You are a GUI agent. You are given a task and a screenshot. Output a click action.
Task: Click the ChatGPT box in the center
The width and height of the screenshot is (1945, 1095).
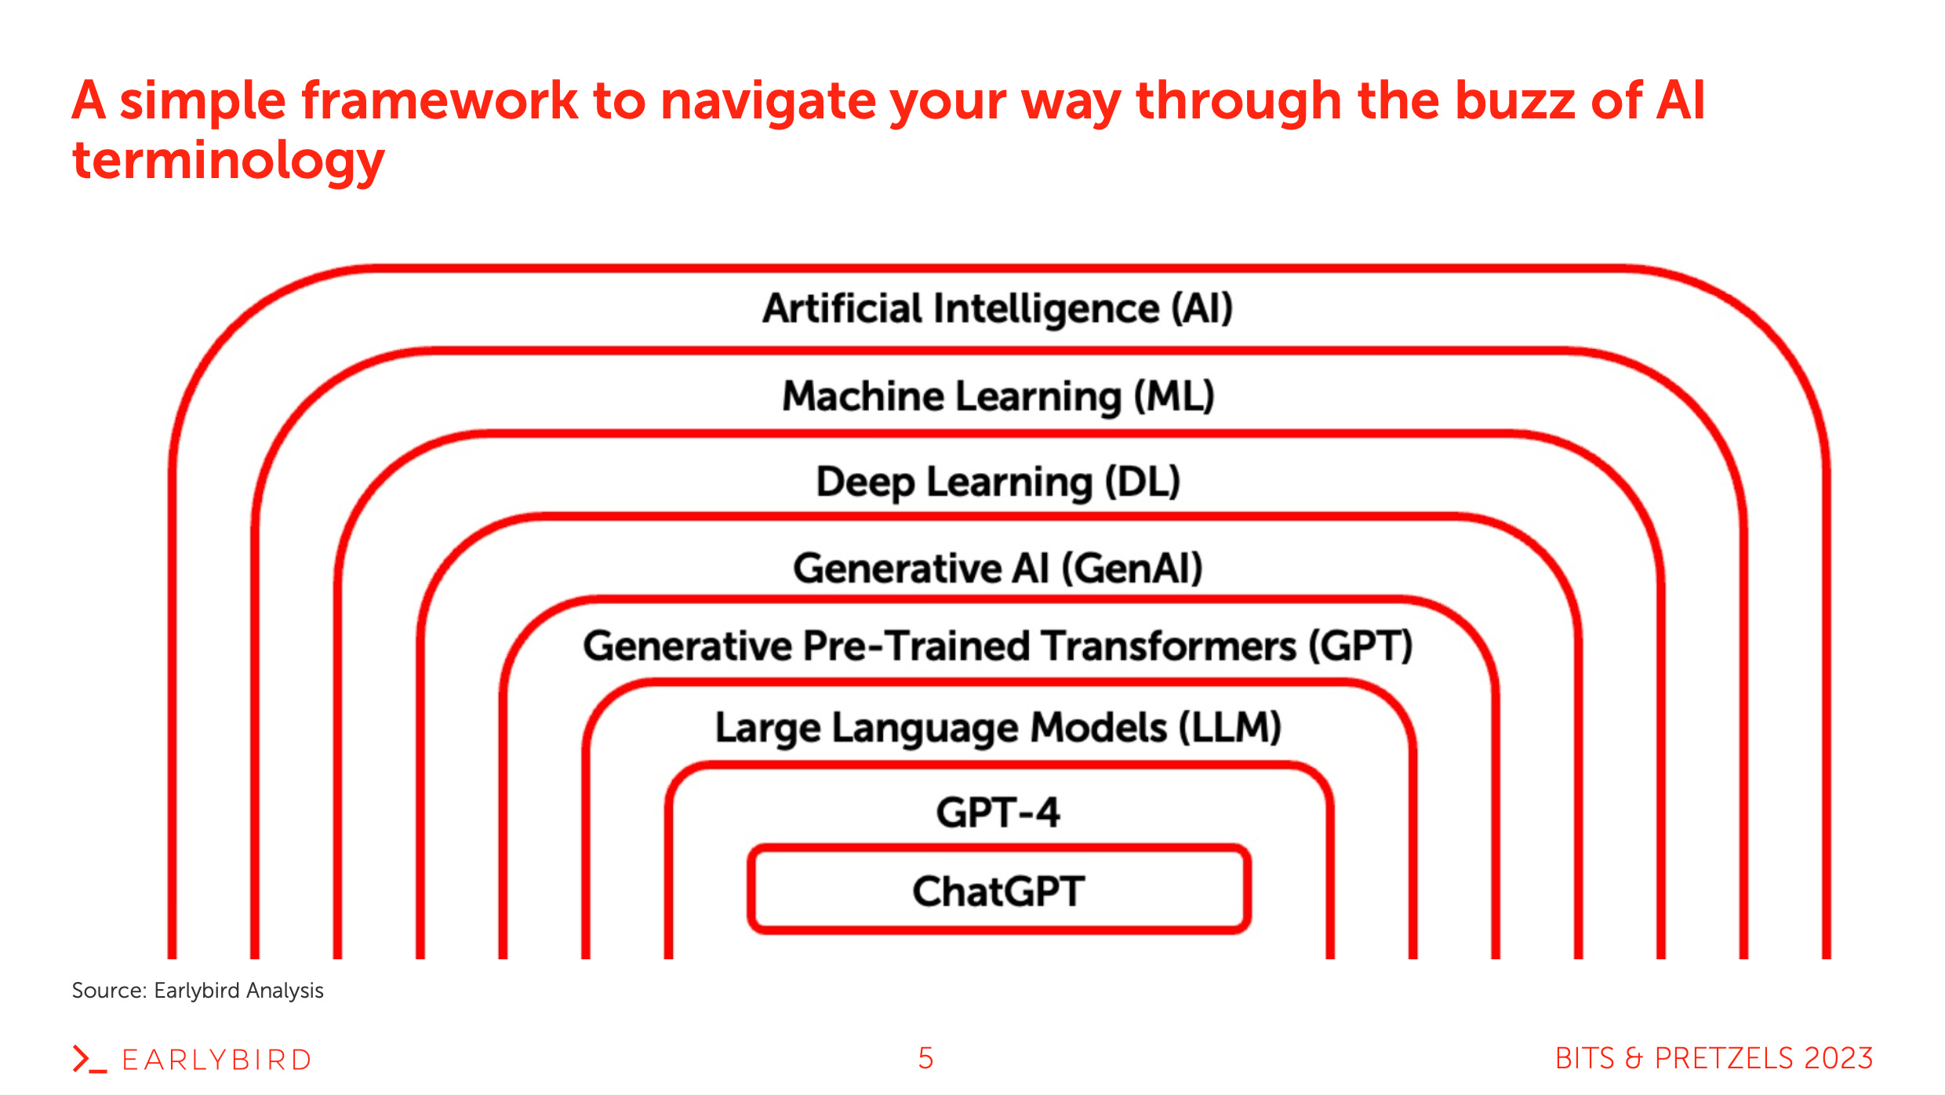998,891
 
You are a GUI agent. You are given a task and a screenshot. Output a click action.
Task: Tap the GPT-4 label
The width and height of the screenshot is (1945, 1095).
998,813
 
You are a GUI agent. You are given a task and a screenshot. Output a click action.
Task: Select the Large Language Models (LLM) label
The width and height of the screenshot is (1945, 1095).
998,728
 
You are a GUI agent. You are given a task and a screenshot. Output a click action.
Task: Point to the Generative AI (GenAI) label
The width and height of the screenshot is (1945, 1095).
998,568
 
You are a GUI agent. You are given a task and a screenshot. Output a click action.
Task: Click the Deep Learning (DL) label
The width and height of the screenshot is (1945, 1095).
998,482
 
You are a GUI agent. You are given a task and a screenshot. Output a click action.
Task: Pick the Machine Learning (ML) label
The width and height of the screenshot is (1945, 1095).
998,396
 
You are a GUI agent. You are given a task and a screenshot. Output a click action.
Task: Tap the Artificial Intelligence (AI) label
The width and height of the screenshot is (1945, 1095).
998,308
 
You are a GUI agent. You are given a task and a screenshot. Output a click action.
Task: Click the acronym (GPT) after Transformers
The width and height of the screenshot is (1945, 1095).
1361,646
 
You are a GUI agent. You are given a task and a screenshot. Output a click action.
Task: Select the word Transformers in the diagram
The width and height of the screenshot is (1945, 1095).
1170,646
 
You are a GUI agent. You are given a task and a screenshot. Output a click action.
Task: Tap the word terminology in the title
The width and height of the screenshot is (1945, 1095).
227,161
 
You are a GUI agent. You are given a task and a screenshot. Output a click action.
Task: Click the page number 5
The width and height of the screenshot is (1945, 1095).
925,1058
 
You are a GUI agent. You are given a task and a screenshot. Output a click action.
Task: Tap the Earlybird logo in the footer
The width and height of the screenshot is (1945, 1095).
192,1059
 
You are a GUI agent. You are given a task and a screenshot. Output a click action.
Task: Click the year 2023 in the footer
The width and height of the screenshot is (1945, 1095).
1838,1058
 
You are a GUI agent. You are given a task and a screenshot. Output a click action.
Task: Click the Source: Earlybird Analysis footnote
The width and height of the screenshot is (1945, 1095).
198,991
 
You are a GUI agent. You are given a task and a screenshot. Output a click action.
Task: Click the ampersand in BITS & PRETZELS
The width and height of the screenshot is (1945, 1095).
1634,1058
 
